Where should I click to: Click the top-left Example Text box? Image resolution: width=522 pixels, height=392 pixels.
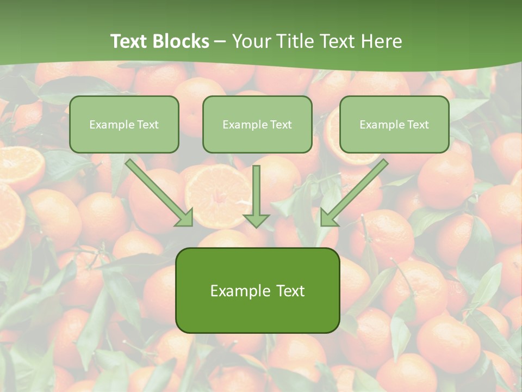point(124,124)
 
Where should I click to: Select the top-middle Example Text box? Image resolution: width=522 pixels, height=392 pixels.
point(257,124)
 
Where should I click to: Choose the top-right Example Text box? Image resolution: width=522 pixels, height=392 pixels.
point(394,124)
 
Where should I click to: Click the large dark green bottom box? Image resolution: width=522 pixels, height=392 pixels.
point(257,290)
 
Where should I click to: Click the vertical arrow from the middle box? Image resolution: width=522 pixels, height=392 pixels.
point(256,191)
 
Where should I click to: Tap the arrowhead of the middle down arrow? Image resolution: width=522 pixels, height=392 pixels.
point(256,220)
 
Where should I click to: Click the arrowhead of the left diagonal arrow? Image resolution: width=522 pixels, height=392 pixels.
point(185,218)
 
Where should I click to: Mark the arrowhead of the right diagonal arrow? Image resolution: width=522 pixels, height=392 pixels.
point(328,218)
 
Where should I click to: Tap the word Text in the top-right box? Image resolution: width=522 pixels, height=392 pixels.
point(418,125)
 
